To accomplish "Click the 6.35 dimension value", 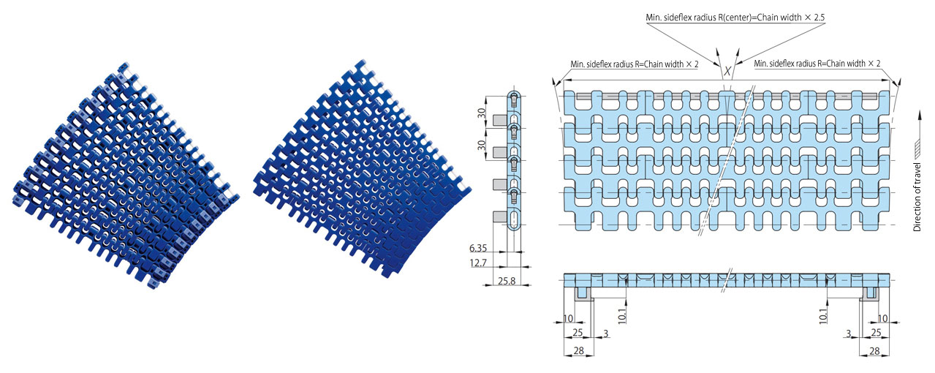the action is [x=478, y=248].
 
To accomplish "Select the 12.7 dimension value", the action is [x=478, y=263].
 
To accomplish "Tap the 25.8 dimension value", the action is [x=507, y=281].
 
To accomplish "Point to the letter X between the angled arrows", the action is [x=727, y=71].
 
